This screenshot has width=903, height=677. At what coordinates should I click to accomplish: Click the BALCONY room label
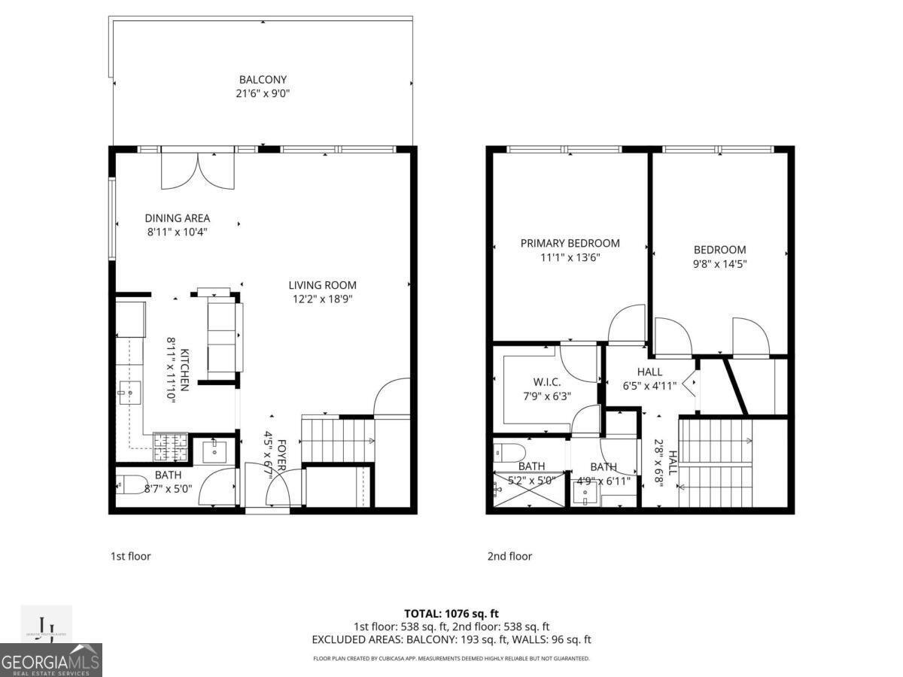coord(263,80)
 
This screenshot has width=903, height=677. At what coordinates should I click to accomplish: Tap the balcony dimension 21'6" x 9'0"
coord(263,94)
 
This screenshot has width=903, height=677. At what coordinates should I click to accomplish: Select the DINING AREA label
coord(178,218)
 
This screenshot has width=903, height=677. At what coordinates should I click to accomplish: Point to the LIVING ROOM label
coord(323,285)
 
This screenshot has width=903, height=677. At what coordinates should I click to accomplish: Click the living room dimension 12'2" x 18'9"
coord(323,299)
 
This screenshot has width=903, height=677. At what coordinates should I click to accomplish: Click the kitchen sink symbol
coord(130,392)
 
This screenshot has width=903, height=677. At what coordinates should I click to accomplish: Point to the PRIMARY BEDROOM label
coord(570,243)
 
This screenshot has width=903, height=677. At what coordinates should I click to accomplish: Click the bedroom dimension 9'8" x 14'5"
coord(719,264)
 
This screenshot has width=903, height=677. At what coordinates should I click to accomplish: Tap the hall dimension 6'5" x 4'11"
coord(649,386)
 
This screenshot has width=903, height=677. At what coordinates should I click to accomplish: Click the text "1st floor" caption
coord(131,557)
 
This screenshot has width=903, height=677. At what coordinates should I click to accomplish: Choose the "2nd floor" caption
coord(509,557)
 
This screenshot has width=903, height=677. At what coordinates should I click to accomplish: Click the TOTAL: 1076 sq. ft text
coord(451,614)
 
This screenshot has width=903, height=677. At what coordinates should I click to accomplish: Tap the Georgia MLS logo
coord(51,660)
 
